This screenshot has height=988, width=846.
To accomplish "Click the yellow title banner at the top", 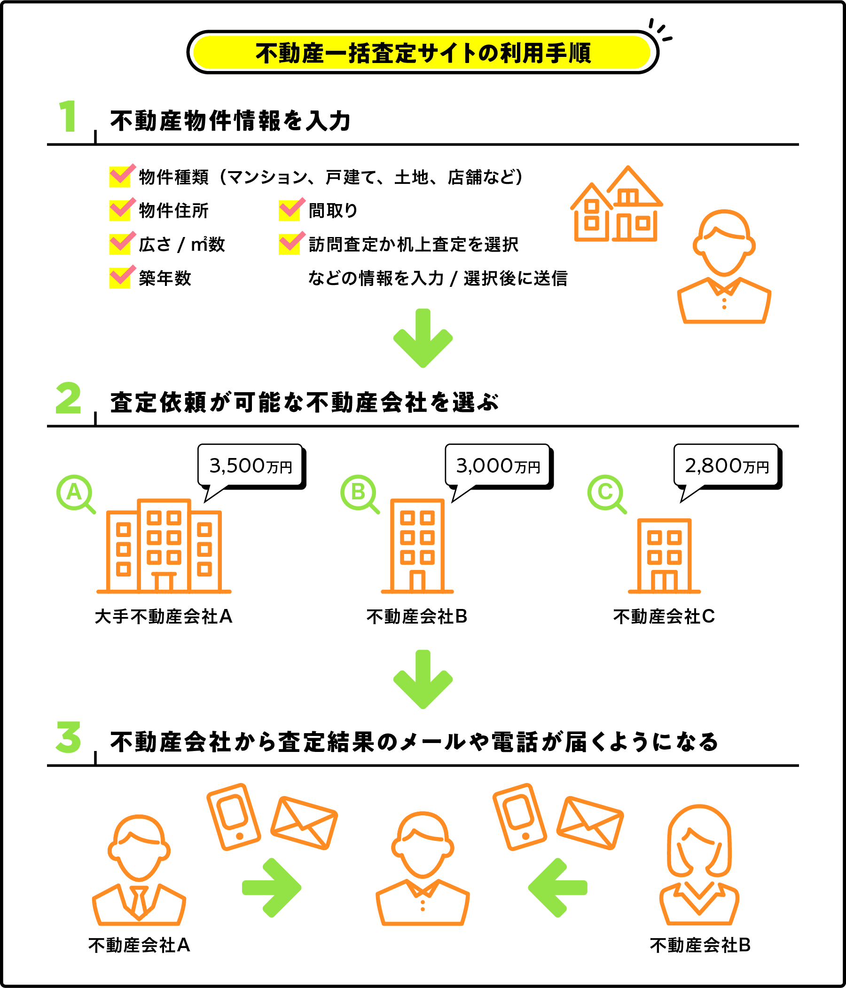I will (x=422, y=52).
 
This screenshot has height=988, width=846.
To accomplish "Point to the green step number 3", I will (x=69, y=738).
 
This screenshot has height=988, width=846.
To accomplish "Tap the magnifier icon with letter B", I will (x=359, y=492).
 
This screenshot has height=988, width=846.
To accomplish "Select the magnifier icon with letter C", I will (x=605, y=492).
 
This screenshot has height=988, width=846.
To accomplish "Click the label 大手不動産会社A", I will (x=164, y=617).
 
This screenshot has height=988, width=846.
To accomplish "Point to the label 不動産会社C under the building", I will (x=664, y=617).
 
